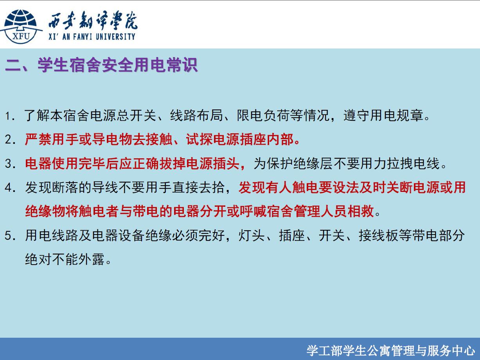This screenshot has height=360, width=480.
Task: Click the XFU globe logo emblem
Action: [x=21, y=26]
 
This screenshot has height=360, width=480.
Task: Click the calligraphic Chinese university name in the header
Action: [x=93, y=21]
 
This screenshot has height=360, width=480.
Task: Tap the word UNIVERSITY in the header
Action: [x=115, y=36]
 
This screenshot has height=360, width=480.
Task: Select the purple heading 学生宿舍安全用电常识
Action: [x=118, y=65]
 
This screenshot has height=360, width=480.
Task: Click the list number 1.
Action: [x=10, y=116]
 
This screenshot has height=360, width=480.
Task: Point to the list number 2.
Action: [x=10, y=140]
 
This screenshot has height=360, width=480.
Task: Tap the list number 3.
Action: [x=10, y=164]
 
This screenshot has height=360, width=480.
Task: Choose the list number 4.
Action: [x=10, y=188]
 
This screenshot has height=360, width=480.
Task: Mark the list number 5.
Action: [x=10, y=236]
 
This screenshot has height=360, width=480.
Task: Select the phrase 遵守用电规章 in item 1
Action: [x=383, y=115]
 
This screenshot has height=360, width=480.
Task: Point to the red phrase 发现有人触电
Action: [x=279, y=188]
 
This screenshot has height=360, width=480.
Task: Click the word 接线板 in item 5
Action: [x=378, y=235]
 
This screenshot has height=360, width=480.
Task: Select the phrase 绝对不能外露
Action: [x=65, y=259]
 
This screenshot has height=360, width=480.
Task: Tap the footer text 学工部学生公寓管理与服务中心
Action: [x=390, y=351]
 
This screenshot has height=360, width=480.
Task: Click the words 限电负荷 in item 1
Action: [x=264, y=115]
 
